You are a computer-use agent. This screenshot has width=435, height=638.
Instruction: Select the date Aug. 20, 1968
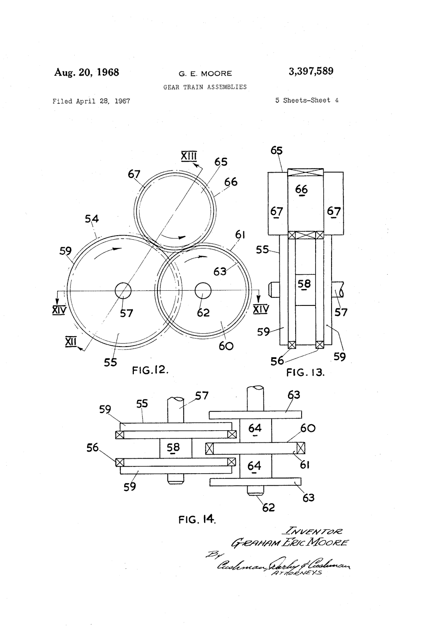(87, 72)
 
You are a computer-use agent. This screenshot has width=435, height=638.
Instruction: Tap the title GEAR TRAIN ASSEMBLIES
(205, 87)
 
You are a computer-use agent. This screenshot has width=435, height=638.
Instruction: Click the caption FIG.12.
(150, 370)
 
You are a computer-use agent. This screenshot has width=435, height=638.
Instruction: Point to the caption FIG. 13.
(306, 373)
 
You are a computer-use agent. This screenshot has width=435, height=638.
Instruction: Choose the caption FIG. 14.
(197, 519)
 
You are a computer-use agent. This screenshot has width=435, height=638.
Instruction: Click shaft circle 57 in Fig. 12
(123, 291)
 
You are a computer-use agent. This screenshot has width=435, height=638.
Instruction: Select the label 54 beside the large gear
(92, 219)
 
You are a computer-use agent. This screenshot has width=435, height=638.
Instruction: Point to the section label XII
(71, 341)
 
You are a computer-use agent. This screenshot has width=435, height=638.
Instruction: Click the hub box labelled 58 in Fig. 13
(305, 284)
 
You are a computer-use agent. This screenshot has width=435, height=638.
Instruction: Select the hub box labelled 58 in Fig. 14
(173, 448)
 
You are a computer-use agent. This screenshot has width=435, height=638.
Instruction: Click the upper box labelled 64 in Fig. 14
(255, 428)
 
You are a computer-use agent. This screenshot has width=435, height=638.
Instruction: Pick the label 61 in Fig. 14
(304, 465)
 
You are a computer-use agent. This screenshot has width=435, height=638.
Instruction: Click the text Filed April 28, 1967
(91, 101)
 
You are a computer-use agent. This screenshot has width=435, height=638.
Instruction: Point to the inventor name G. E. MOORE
(205, 73)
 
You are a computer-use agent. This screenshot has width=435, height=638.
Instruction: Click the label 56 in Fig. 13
(277, 361)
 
